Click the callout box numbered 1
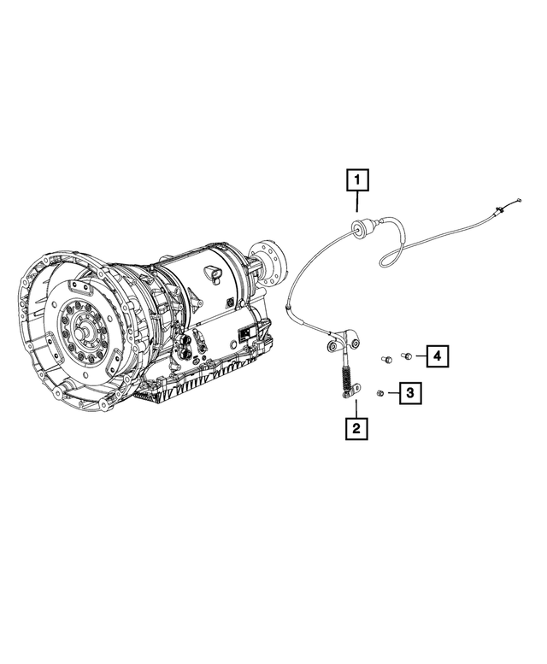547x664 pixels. click(x=357, y=180)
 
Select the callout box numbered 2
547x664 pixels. click(x=357, y=426)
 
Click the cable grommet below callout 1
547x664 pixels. click(x=359, y=228)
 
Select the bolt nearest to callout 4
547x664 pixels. click(x=407, y=355)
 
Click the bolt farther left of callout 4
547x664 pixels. click(x=386, y=361)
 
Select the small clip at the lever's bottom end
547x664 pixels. click(x=348, y=393)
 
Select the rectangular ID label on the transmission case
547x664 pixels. click(x=247, y=333)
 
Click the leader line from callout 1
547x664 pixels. click(x=357, y=203)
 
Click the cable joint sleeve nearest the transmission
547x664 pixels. click(x=291, y=307)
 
